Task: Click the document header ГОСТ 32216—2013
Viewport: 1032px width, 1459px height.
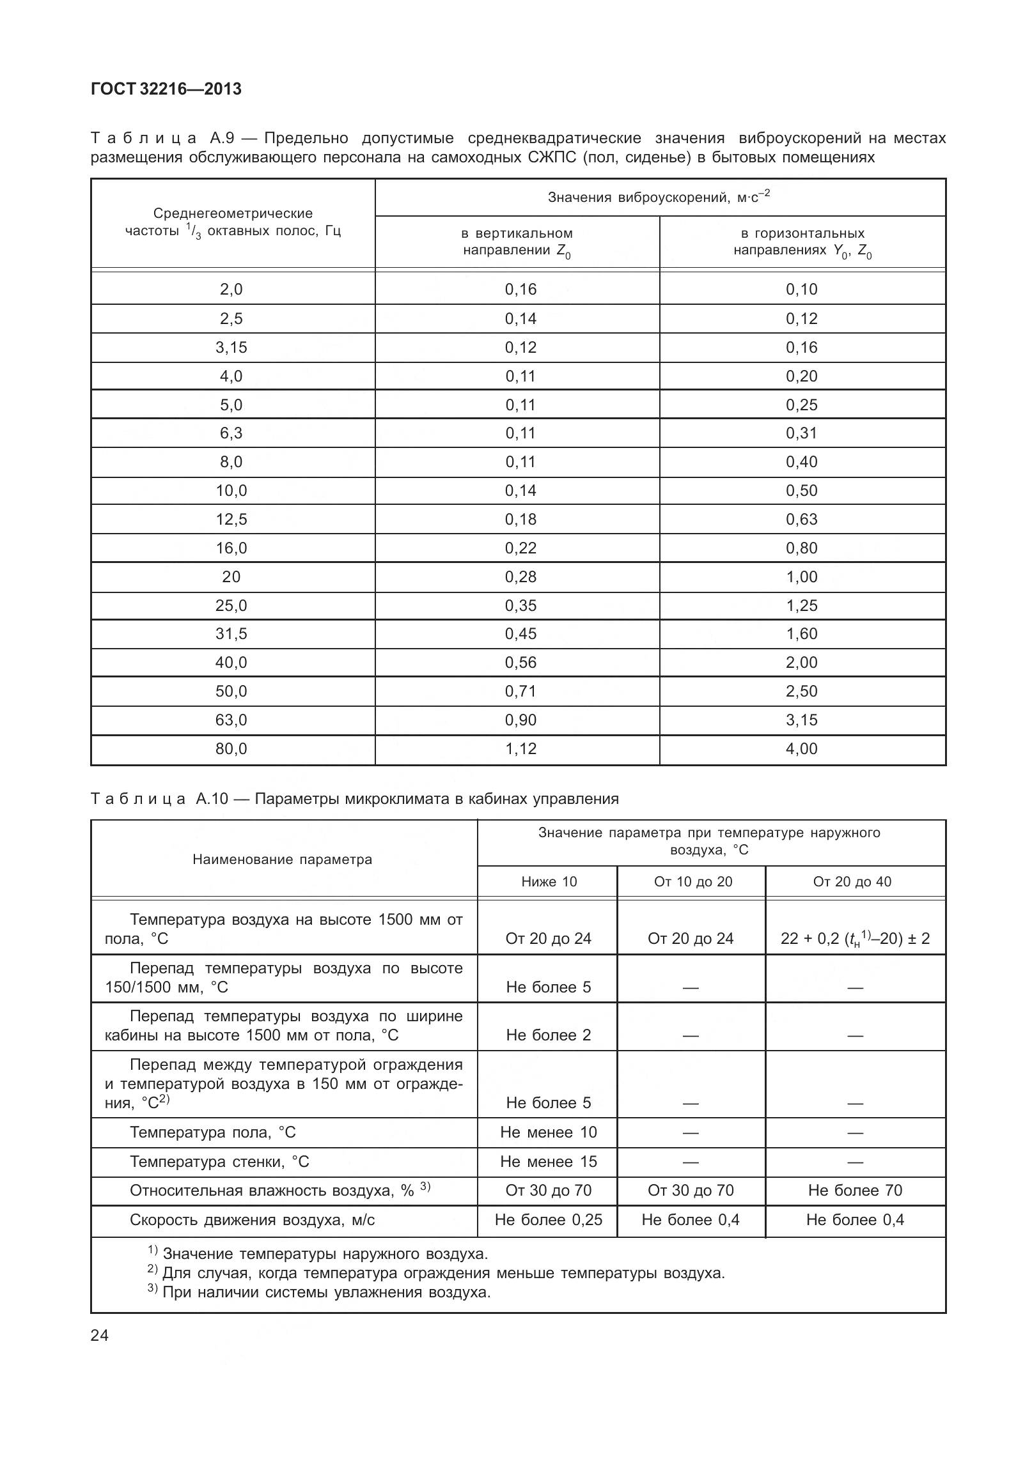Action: (x=166, y=89)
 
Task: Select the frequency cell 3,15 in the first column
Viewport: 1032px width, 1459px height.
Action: (x=231, y=348)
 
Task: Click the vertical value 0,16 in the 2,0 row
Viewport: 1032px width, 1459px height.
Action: (x=520, y=289)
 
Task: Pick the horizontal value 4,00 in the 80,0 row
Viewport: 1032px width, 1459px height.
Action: (x=801, y=748)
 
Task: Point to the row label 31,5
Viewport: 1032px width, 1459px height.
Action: (x=231, y=634)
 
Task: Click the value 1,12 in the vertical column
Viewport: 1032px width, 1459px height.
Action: (x=520, y=748)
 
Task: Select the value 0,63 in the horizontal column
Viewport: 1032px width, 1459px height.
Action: (x=801, y=519)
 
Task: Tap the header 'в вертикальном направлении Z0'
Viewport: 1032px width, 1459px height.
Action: (x=517, y=242)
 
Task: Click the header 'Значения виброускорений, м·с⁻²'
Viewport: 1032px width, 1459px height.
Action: (x=659, y=197)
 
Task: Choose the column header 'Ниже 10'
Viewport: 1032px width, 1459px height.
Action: (x=549, y=882)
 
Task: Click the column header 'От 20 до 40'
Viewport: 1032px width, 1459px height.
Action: (x=852, y=882)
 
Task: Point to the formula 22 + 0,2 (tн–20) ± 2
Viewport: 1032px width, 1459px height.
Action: (x=855, y=939)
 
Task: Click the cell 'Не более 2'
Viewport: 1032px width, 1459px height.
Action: (x=549, y=1035)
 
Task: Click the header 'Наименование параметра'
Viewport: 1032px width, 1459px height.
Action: (x=282, y=860)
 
